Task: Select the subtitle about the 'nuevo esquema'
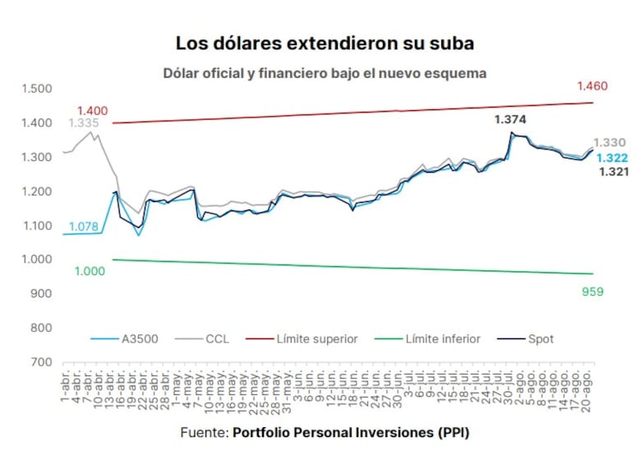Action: (x=325, y=73)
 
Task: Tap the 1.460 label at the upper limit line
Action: (x=592, y=86)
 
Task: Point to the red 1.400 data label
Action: (x=92, y=111)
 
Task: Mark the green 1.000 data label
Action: (x=90, y=271)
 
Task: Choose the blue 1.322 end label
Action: (x=613, y=158)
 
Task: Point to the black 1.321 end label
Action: (x=613, y=172)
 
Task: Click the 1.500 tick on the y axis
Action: (x=36, y=89)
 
